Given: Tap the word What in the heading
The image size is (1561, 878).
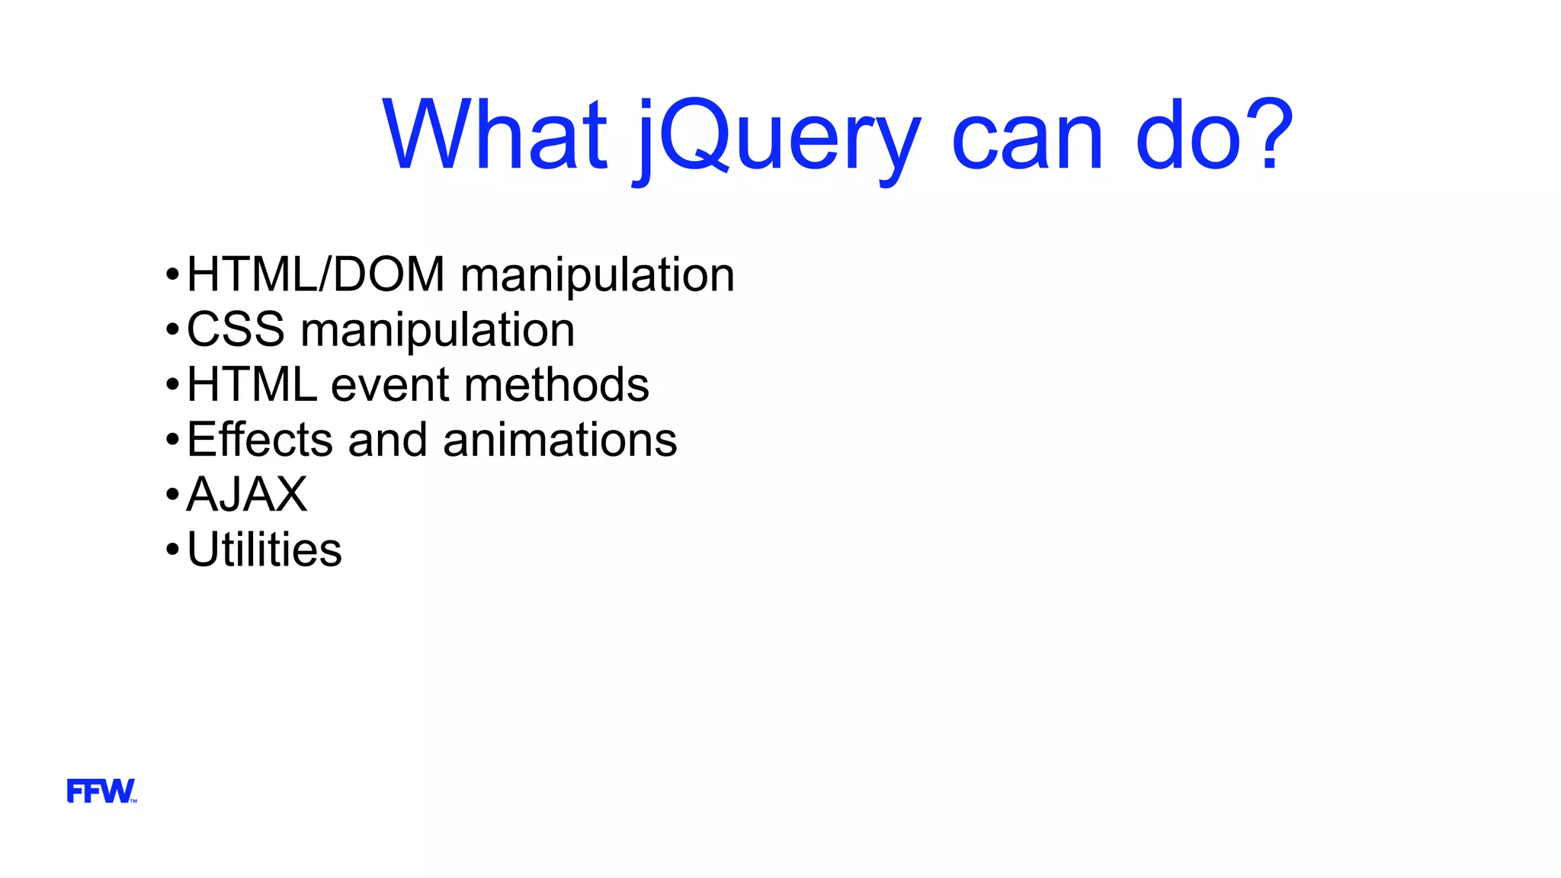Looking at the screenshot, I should click(495, 135).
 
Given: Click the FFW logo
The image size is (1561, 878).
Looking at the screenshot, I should click(101, 791).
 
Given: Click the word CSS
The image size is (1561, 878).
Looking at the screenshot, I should click(236, 329).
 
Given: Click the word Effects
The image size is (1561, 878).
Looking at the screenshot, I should click(259, 440).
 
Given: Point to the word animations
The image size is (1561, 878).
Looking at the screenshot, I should click(559, 440).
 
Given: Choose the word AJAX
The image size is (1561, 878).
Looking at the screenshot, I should click(247, 495).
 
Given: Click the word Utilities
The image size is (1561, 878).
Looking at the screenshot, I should click(264, 550).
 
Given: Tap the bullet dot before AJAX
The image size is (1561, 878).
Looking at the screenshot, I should click(172, 495).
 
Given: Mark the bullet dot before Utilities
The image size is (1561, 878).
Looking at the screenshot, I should click(172, 550).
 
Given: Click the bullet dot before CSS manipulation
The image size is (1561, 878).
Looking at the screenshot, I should click(172, 330).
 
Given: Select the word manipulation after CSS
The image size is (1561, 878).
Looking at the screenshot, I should click(438, 331).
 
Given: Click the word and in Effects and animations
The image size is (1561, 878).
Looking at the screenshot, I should click(387, 440).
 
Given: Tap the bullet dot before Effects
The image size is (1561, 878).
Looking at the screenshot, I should click(172, 440).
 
